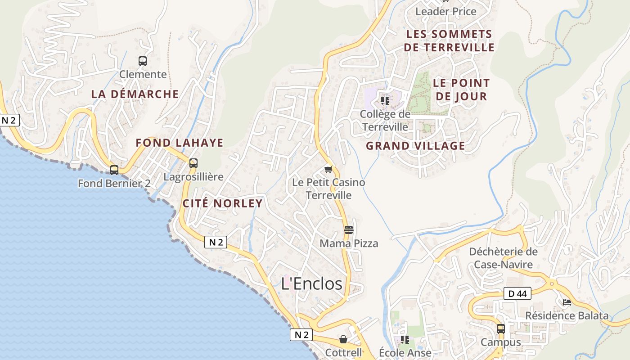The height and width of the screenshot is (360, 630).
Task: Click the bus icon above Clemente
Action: click(142, 61)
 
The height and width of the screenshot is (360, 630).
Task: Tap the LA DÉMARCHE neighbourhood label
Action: click(135, 94)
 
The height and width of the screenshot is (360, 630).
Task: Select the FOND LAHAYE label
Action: click(180, 143)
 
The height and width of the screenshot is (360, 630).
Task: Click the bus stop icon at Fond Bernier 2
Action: click(114, 170)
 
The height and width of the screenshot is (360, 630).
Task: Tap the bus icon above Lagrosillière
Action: click(193, 163)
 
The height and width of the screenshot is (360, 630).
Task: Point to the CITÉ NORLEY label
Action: click(222, 203)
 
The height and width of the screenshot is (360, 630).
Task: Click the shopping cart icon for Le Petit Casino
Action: click(328, 170)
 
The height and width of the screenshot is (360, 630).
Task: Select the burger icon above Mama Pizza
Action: click(348, 230)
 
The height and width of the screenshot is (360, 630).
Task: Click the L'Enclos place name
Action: click(311, 283)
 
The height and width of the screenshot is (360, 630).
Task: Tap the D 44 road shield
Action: click(517, 294)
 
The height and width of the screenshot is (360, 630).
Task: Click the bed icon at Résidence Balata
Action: click(567, 302)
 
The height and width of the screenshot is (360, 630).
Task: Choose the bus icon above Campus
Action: click(500, 329)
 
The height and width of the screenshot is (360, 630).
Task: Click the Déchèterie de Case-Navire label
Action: click(503, 258)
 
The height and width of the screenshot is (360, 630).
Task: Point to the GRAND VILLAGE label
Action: click(415, 146)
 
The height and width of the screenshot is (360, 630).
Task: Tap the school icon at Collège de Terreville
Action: click(385, 100)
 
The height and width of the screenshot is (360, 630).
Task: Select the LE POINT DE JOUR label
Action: click(461, 90)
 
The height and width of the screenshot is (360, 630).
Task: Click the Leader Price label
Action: click(445, 11)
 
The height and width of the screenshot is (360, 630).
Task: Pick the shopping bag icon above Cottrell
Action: click(343, 339)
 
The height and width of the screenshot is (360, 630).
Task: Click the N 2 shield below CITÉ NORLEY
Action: click(216, 242)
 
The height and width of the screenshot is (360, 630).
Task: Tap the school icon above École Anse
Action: click(405, 339)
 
